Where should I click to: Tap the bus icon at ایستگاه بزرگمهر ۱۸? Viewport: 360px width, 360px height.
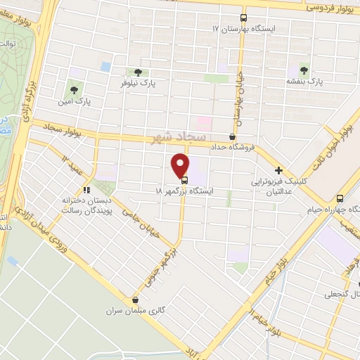point(185,179)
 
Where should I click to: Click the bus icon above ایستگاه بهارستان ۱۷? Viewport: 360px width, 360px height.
point(243,18)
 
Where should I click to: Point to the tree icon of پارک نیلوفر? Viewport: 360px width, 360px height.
point(138,72)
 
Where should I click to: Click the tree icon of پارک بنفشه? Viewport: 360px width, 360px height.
point(304,70)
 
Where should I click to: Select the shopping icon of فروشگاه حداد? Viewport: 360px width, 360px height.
point(233,136)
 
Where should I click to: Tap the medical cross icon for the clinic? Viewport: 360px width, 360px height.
point(279,170)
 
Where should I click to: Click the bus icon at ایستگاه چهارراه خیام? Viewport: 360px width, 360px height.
point(340,198)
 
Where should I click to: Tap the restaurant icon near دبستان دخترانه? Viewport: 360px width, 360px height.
point(86,190)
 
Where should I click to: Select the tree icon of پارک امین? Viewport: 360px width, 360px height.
point(73,89)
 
